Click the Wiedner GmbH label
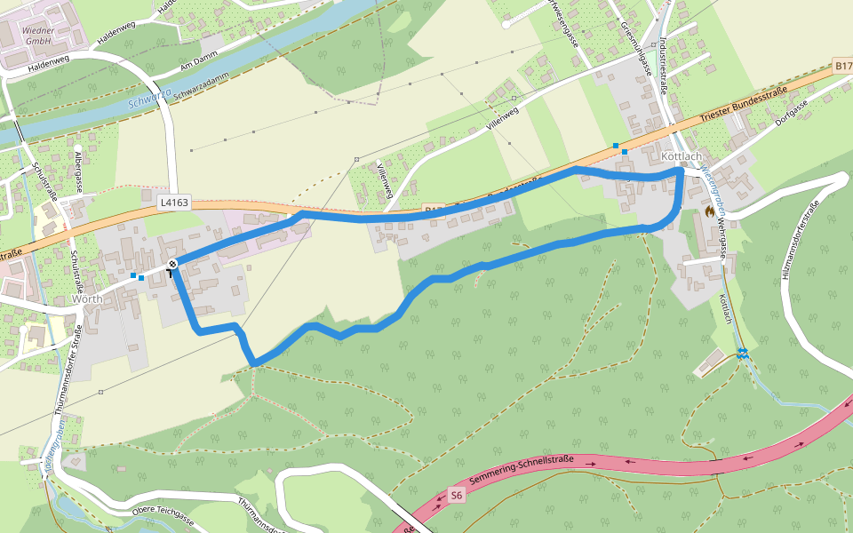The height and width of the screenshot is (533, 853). click(38, 35)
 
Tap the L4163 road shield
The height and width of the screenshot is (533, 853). click(174, 203)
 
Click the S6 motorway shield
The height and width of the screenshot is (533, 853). click(456, 495)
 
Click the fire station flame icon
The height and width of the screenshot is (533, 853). click(709, 211)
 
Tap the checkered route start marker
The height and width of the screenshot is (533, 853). click(172, 264)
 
